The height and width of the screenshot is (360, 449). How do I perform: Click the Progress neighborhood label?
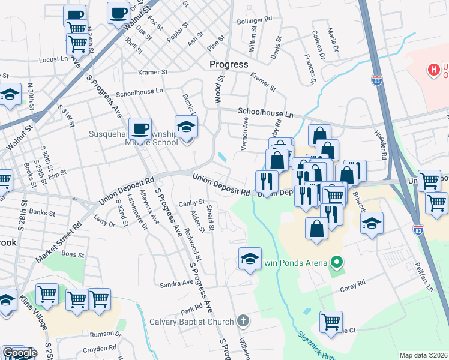click(x=229, y=64)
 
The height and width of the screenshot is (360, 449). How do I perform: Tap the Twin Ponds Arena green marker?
click(x=337, y=262)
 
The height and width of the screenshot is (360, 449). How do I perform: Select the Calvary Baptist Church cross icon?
click(x=243, y=320)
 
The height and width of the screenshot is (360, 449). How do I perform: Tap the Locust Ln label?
click(x=53, y=59)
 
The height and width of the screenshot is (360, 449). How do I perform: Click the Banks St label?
click(x=42, y=212)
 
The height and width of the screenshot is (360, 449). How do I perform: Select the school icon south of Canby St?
click(x=250, y=258)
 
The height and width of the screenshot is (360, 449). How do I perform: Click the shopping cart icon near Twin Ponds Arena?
click(x=331, y=322)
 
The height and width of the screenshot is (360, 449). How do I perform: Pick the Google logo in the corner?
click(x=19, y=353)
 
